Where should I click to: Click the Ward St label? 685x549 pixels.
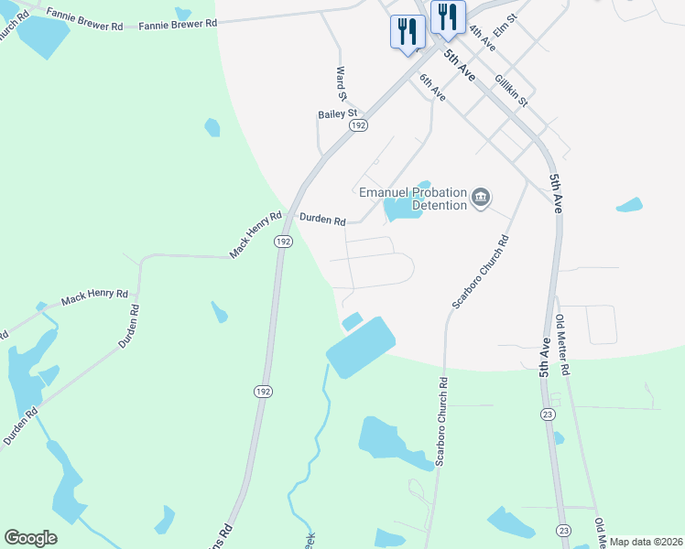click(x=342, y=83)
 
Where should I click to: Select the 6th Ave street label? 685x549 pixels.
click(x=432, y=88)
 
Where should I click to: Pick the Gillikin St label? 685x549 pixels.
click(x=511, y=90)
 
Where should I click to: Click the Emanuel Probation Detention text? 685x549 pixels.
click(x=413, y=199)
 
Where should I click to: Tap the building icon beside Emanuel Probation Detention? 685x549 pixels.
click(x=481, y=198)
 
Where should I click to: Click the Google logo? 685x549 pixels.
click(x=30, y=538)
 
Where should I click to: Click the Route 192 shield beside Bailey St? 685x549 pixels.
click(x=359, y=124)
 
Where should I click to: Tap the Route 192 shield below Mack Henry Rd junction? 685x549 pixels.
click(x=283, y=242)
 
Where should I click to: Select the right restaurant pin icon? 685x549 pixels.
click(x=448, y=16)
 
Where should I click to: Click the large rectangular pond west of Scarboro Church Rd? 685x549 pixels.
click(x=360, y=345)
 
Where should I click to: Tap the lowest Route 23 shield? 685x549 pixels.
click(x=562, y=531)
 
